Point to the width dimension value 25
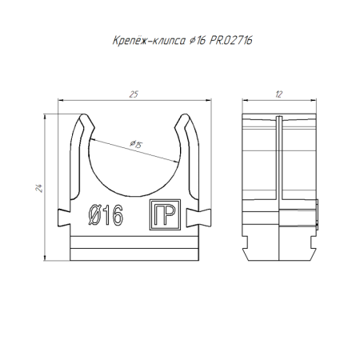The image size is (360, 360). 133,95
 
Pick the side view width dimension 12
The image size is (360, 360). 278,95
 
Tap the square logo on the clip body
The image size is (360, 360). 162,215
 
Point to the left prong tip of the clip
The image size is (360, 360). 83,120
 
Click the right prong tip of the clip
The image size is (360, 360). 182,120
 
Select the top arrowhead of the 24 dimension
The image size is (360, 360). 45,118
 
